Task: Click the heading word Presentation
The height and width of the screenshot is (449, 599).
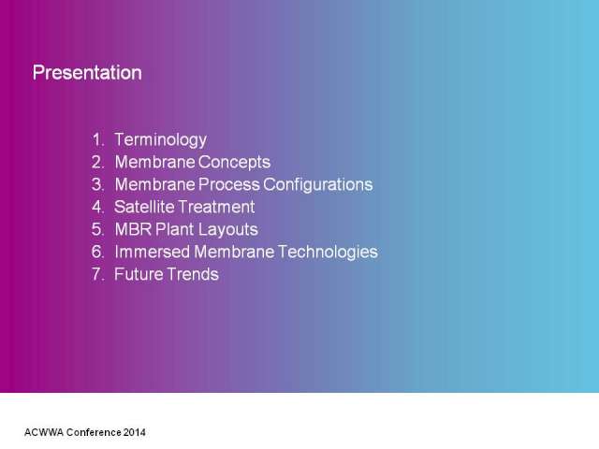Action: [x=87, y=73]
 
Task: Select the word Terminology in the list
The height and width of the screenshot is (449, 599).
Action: [x=160, y=140]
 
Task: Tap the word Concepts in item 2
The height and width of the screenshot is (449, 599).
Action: [x=234, y=163]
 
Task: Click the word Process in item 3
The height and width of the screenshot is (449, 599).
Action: [x=229, y=184]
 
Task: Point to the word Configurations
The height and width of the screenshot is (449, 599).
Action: [x=318, y=185]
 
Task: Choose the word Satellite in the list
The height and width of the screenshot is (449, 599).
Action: [x=144, y=207]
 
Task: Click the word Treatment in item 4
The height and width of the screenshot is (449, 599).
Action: [x=216, y=207]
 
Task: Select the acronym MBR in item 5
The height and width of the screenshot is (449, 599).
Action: [x=133, y=229]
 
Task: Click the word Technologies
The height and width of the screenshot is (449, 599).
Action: [x=328, y=253]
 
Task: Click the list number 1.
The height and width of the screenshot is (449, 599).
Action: [x=97, y=139]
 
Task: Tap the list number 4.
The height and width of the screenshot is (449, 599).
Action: [x=97, y=207]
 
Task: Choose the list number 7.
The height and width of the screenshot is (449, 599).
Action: [x=97, y=274]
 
